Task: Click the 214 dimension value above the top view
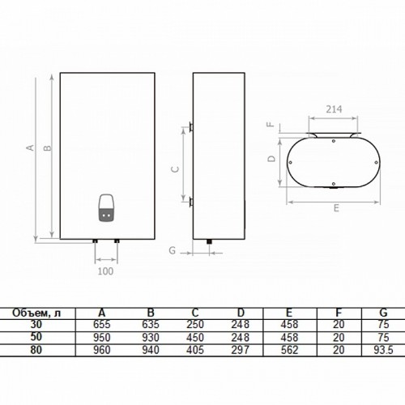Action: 334,109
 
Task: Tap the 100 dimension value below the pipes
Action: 105,271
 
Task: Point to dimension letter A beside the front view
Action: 31,147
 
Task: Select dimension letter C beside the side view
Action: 175,169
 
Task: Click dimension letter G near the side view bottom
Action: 173,250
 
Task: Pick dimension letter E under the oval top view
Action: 336,208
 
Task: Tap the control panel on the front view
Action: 107,208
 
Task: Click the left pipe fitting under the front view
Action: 95,241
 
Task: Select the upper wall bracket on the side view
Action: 191,126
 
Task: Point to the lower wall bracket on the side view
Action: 191,202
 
